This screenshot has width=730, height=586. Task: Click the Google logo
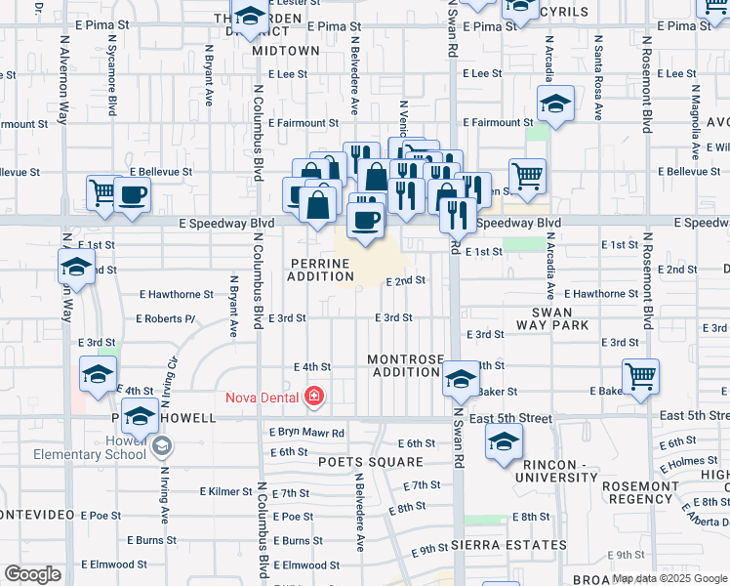32,573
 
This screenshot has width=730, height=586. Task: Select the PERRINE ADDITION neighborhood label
320,271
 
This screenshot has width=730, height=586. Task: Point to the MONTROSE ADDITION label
406,366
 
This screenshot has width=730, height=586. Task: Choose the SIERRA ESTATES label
508,544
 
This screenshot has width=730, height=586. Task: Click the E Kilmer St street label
227,491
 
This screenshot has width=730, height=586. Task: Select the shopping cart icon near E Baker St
640,376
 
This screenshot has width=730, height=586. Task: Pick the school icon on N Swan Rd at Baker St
461,378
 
